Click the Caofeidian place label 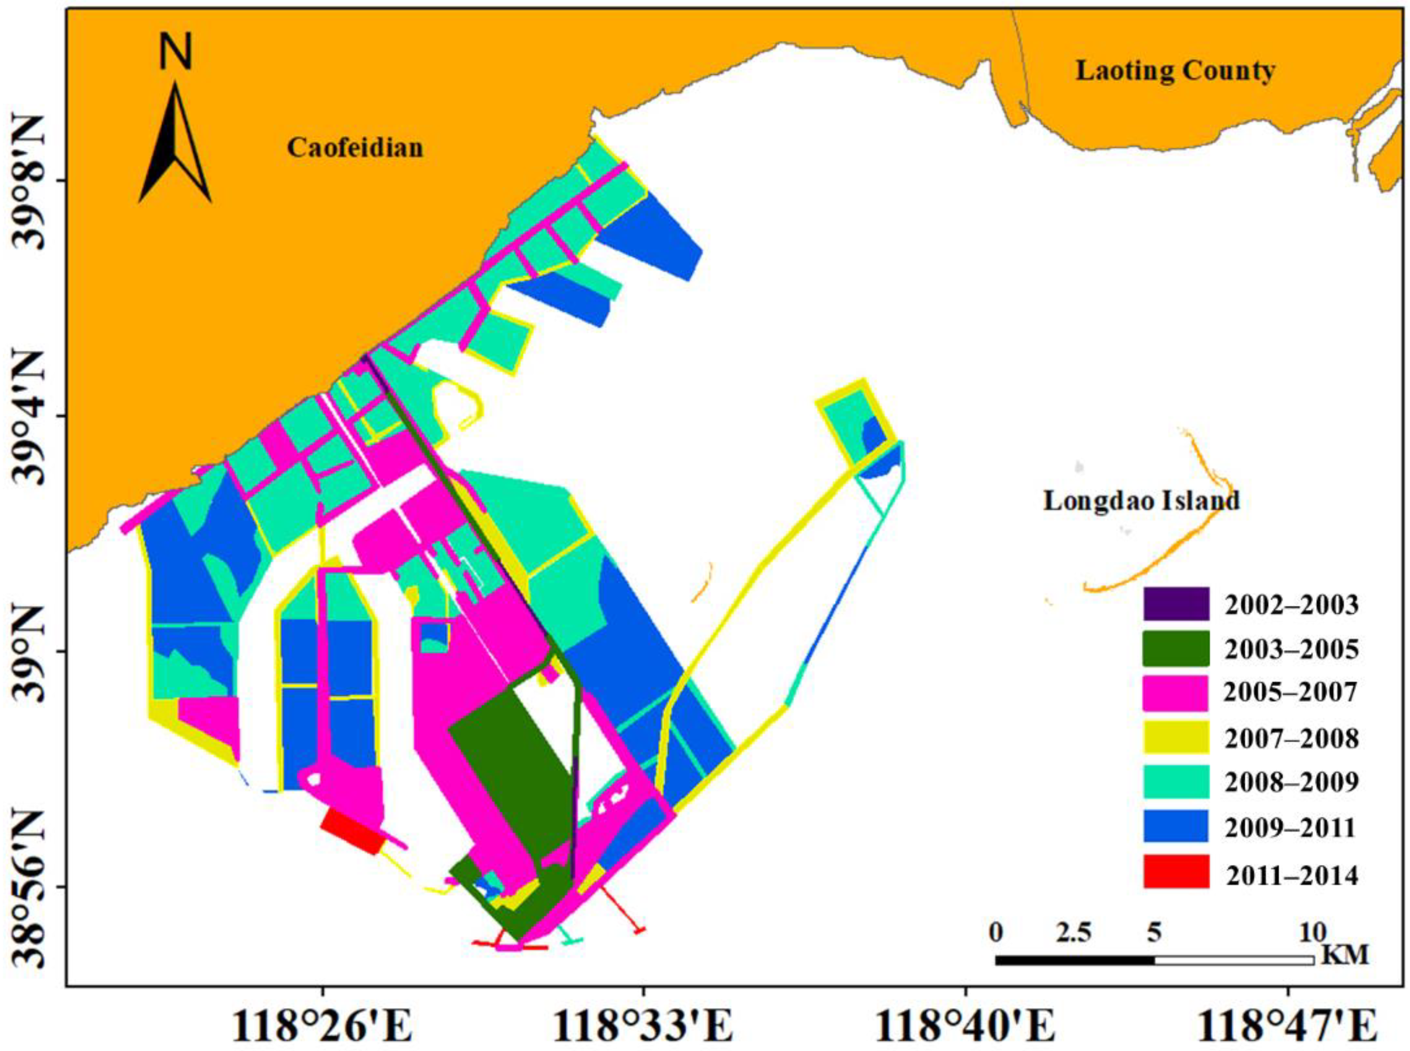pos(355,148)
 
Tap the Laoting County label pos(1174,70)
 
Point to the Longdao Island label pos(1142,501)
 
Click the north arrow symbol pos(175,143)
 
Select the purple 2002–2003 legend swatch pos(1176,604)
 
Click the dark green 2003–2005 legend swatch pos(1176,648)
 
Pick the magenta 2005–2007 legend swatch pos(1176,693)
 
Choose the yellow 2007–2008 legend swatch pos(1176,737)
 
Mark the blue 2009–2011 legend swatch pos(1176,826)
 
